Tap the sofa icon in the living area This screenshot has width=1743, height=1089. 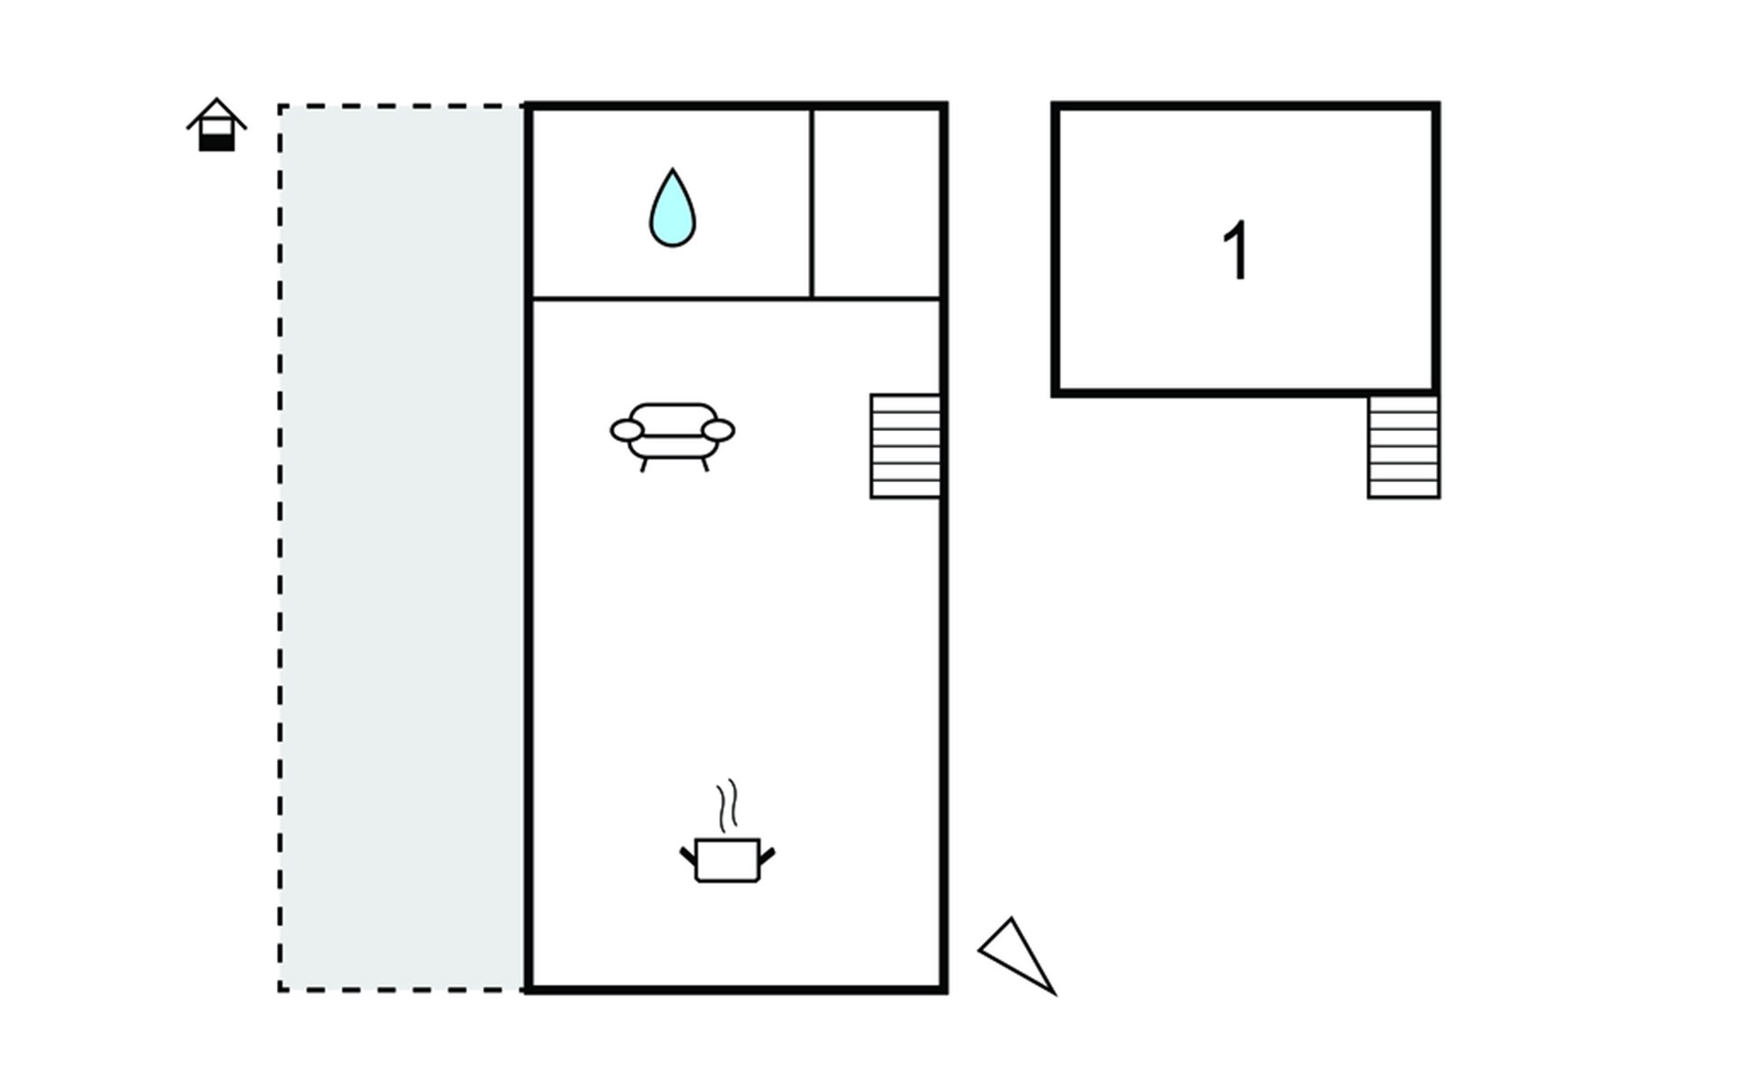[x=673, y=434]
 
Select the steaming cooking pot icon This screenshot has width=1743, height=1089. [x=727, y=858]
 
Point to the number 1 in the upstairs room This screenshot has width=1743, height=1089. [x=1236, y=250]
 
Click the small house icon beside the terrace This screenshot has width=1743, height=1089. [x=217, y=126]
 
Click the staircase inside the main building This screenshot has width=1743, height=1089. [x=905, y=446]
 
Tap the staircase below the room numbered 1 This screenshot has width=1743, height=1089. [x=1403, y=446]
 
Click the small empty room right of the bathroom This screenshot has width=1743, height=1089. [x=877, y=202]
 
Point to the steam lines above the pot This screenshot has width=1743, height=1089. [x=727, y=805]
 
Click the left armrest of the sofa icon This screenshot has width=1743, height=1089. [x=626, y=430]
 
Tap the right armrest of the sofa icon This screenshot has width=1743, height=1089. [x=719, y=430]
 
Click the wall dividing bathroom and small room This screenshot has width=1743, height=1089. [x=812, y=202]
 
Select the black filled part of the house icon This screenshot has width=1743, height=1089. [x=217, y=142]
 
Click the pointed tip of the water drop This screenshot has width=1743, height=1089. [x=673, y=172]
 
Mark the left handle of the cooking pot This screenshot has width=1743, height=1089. [x=688, y=855]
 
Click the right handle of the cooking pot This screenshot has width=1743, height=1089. [x=767, y=855]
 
